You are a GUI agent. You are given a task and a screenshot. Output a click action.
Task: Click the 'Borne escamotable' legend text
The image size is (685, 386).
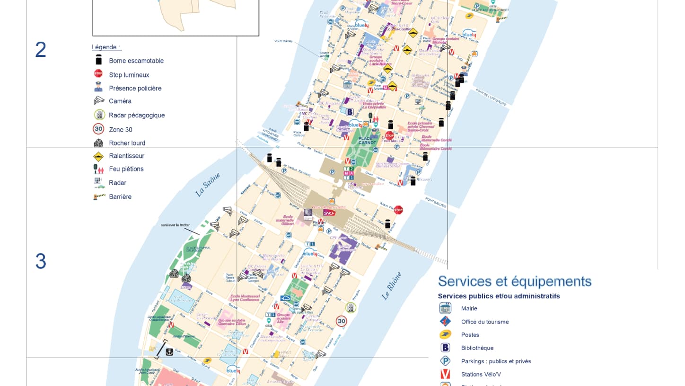click(x=136, y=61)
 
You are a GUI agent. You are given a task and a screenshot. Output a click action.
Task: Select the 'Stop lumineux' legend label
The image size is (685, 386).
click(x=129, y=75)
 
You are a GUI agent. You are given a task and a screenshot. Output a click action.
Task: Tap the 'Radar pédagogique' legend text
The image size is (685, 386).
click(x=137, y=115)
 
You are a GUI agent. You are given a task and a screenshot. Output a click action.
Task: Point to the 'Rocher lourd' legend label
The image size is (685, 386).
click(x=127, y=143)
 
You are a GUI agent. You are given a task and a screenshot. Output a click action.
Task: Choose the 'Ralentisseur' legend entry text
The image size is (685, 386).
click(x=126, y=156)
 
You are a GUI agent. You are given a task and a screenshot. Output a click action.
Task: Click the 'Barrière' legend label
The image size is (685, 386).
click(x=120, y=197)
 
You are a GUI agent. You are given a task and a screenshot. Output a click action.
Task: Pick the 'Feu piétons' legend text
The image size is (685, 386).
click(x=126, y=169)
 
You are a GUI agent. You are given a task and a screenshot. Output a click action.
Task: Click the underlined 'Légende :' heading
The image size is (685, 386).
click(x=106, y=47)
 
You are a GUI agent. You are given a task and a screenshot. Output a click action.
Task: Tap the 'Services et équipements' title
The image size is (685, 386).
click(x=515, y=281)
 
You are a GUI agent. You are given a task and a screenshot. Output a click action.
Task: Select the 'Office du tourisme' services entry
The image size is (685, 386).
click(x=485, y=322)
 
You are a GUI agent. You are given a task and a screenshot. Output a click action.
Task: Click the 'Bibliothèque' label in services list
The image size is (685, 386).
click(x=477, y=348)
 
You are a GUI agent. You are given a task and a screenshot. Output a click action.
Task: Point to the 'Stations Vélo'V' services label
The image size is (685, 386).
click(x=481, y=374)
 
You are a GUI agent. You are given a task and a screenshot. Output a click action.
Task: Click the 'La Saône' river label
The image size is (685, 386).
click(x=208, y=185)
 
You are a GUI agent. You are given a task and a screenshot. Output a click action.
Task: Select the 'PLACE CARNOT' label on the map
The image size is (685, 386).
click(x=367, y=140)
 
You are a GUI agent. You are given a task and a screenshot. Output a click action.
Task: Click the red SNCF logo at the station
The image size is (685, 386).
click(x=329, y=213)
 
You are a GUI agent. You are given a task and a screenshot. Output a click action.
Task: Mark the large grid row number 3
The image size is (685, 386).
click(x=41, y=261)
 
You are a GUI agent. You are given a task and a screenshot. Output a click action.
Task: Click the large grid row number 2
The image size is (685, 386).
click(x=41, y=50)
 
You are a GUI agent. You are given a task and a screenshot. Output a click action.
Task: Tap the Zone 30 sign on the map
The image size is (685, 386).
click(x=342, y=322)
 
